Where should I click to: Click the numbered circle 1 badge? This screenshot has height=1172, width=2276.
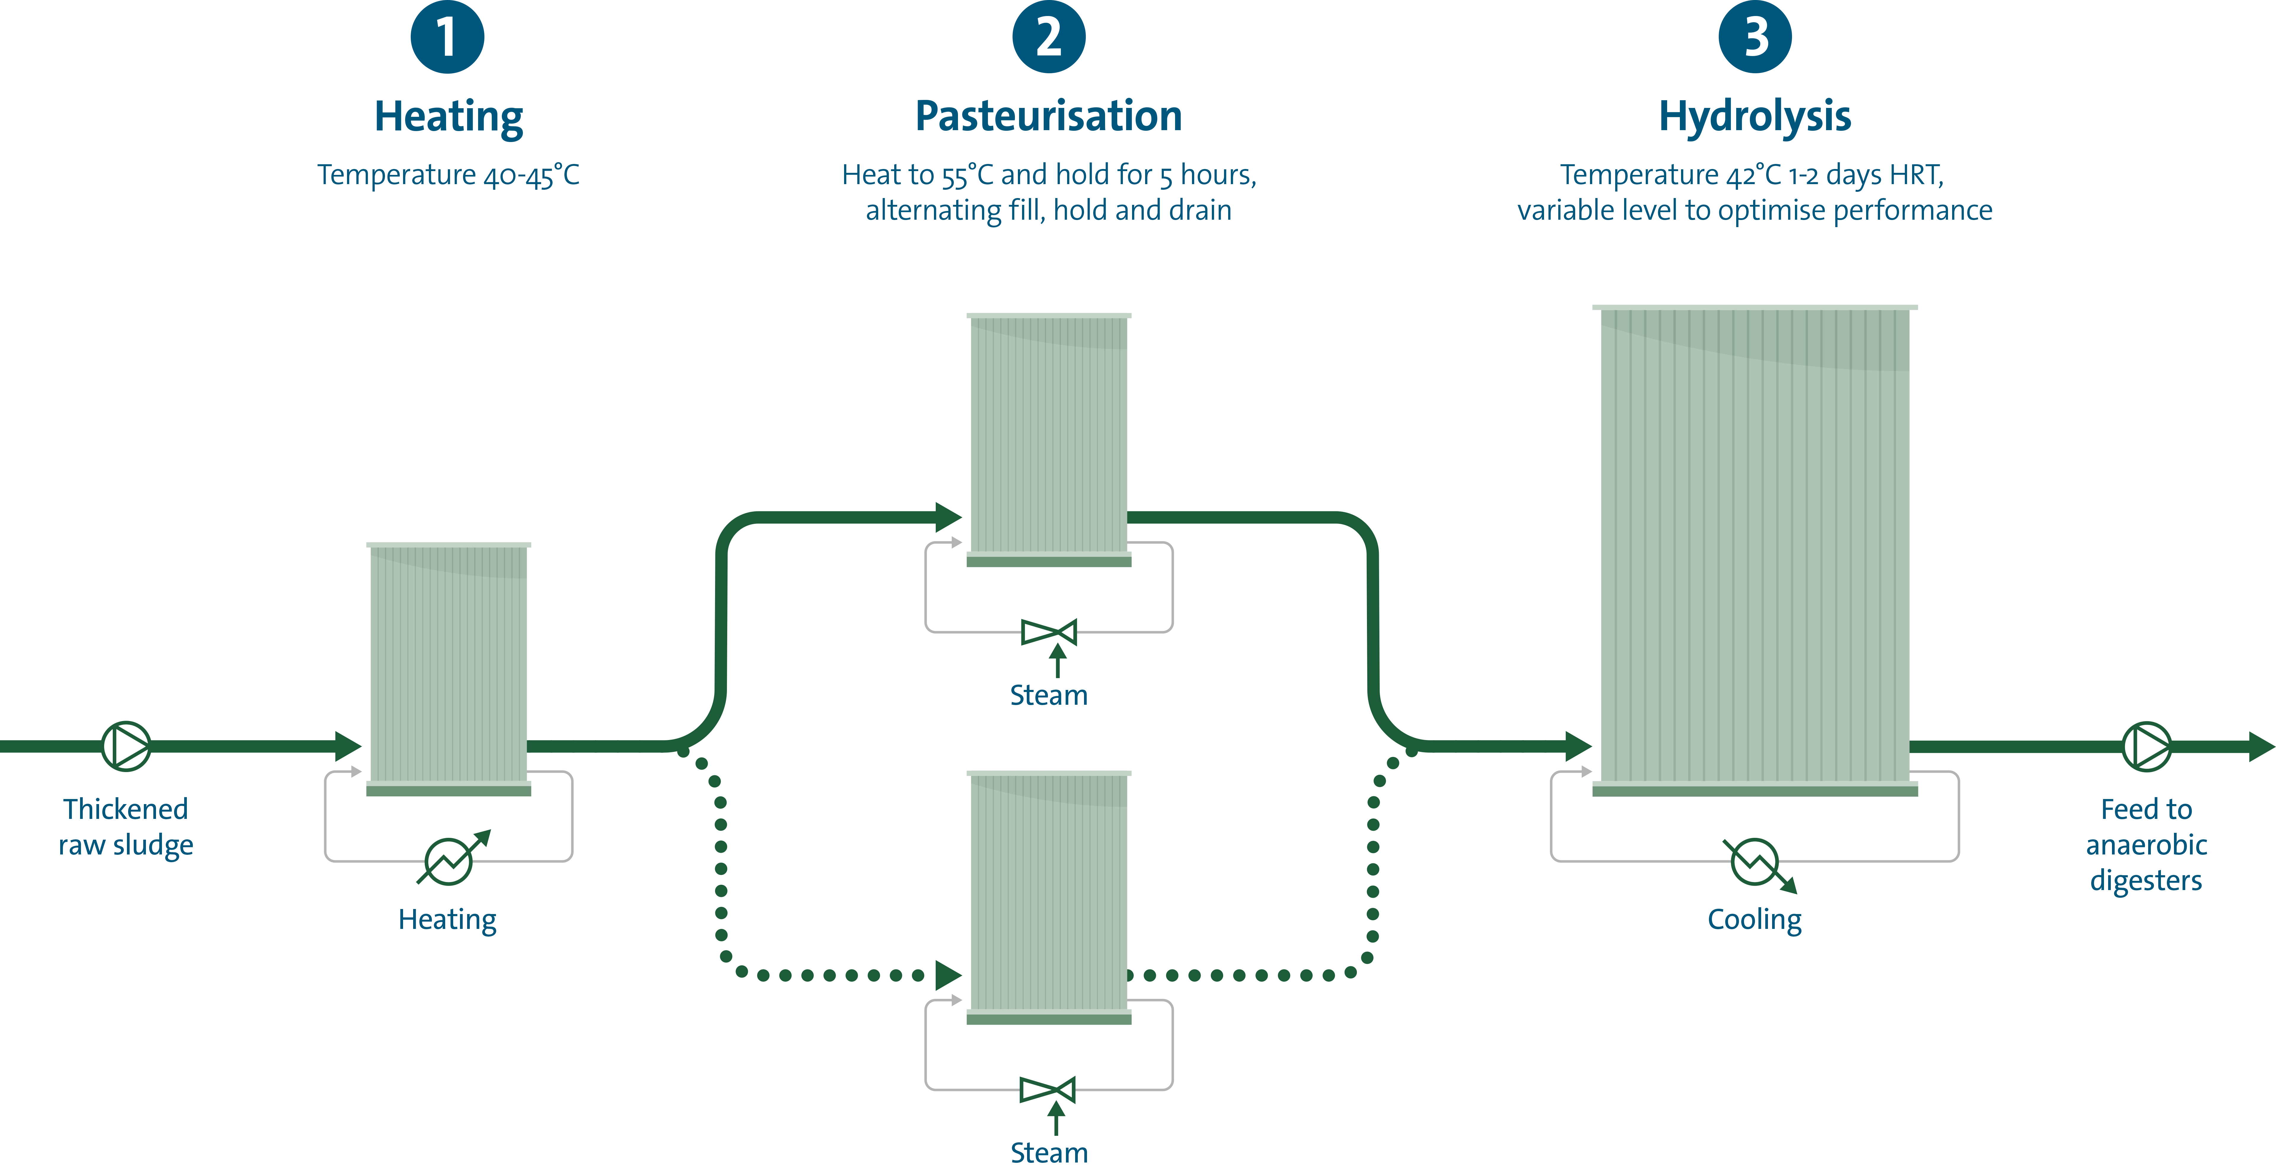click(x=447, y=37)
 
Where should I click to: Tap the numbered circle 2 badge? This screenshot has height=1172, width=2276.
click(x=1049, y=37)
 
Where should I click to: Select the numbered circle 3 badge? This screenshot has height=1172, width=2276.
click(x=1755, y=37)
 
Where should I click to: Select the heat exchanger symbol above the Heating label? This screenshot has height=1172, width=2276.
click(x=449, y=861)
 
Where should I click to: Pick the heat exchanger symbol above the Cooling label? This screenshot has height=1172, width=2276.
click(x=1755, y=861)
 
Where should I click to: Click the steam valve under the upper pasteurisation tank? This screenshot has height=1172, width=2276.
click(x=1049, y=632)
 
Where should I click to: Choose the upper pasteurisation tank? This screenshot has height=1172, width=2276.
click(x=1049, y=437)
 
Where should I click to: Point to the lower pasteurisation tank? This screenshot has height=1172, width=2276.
click(x=1049, y=895)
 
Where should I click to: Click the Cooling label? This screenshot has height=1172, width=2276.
click(x=1755, y=919)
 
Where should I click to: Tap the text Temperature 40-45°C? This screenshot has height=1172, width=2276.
click(x=449, y=175)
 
